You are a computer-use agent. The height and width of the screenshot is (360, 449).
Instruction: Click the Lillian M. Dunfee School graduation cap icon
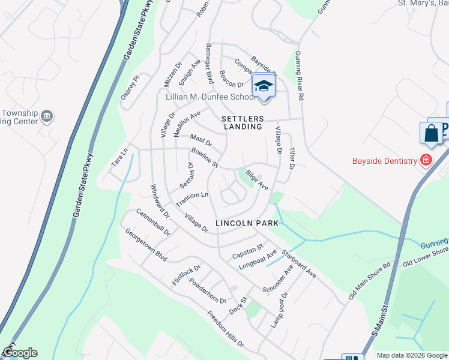(263, 86)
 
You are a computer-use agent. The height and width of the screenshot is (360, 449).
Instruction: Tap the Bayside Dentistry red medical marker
(426, 160)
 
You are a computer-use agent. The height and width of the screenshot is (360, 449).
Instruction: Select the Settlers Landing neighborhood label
(242, 122)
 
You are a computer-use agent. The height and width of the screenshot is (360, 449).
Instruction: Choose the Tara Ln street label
(119, 158)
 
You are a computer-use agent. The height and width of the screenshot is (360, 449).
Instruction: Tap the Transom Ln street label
(192, 198)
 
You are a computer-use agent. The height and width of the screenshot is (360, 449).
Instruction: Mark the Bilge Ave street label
(257, 182)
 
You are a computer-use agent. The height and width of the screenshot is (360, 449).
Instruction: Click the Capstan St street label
(248, 247)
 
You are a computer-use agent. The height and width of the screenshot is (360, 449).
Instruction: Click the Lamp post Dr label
(280, 310)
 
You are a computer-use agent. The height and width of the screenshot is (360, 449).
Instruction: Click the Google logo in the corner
(19, 353)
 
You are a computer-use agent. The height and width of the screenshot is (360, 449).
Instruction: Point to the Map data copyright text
(412, 355)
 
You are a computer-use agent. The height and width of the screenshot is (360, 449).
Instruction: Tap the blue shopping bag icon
(432, 133)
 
